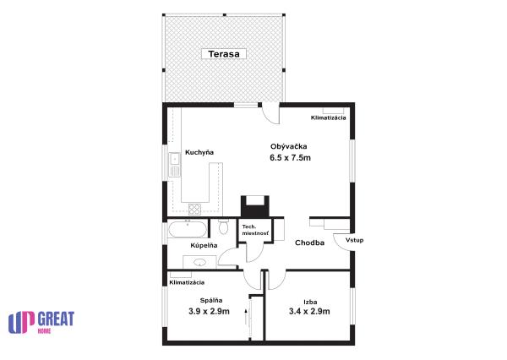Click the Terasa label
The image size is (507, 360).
tap(224, 54)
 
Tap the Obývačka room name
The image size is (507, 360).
tap(289, 146)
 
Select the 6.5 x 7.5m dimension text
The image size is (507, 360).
tap(290, 158)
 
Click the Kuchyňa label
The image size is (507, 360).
tap(199, 152)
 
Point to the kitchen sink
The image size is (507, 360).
tap(175, 165)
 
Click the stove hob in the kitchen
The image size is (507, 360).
tap(194, 210)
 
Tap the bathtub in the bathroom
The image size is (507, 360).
tap(188, 229)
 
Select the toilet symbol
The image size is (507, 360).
tap(223, 226)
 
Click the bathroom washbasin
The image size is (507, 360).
tap(199, 262)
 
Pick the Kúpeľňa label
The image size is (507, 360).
tap(204, 246)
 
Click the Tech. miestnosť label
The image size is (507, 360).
tap(255, 230)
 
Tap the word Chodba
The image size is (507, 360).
tap(309, 243)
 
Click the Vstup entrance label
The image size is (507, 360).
tap(354, 240)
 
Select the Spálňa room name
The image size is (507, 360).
tap(211, 301)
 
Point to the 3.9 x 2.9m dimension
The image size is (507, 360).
tap(210, 312)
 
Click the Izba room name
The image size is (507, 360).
tap(310, 303)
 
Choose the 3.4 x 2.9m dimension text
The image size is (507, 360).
tap(309, 312)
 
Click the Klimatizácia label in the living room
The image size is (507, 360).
tap(328, 117)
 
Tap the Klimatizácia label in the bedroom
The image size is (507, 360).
tap(187, 282)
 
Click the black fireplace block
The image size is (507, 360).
tap(255, 207)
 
